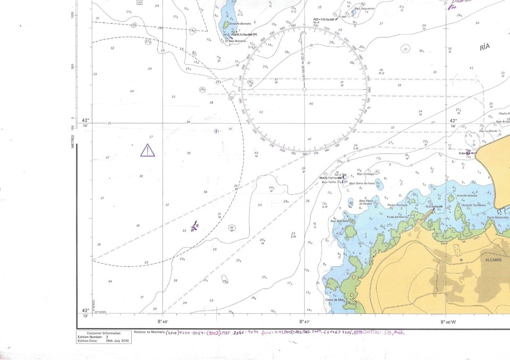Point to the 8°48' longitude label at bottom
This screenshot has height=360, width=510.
point(163,322)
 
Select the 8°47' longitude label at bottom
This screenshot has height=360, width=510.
point(304,322)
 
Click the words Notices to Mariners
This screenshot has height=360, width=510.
point(149,332)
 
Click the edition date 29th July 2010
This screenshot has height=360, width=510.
point(117,340)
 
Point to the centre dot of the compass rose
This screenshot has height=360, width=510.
point(304,89)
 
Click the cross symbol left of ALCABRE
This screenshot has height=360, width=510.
point(461,260)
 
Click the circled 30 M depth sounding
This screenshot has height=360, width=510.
point(232,228)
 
